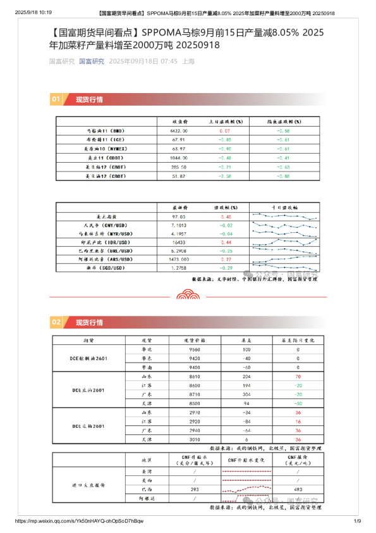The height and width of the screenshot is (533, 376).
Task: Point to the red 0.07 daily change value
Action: pyautogui.click(x=225, y=130)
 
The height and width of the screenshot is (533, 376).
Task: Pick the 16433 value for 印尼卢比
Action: pyautogui.click(x=179, y=242)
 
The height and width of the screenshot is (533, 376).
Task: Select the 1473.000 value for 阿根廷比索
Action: pyautogui.click(x=179, y=259)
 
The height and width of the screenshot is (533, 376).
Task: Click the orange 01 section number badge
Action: pyautogui.click(x=56, y=99)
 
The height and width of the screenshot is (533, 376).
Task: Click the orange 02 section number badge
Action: pyautogui.click(x=56, y=322)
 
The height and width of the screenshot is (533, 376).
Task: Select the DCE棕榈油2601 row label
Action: pyautogui.click(x=89, y=358)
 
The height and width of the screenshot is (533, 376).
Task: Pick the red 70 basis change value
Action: pyautogui.click(x=297, y=376)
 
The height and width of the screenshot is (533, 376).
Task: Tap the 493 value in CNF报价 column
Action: pyautogui.click(x=296, y=489)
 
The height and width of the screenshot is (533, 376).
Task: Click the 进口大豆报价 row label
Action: pyautogui.click(x=88, y=485)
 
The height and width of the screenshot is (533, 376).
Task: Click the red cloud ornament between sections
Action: pyautogui.click(x=187, y=294)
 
